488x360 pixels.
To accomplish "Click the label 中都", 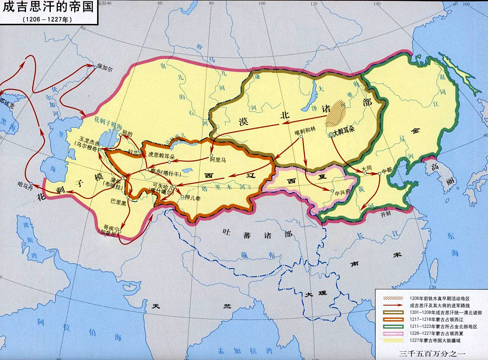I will point(387,169).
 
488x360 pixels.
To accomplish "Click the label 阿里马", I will point(218,161).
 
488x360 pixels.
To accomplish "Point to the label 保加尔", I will point(105,70).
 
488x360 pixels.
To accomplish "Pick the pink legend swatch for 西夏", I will point(391,333).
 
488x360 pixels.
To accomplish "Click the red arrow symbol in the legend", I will point(391,305).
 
